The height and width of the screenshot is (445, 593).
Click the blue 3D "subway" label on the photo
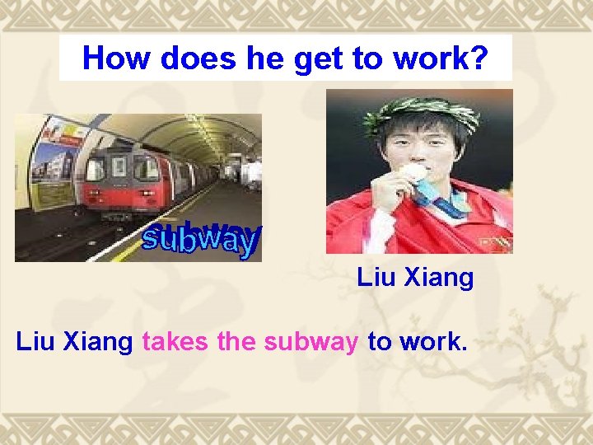(201, 239)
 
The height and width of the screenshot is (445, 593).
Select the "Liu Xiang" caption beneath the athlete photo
(415, 278)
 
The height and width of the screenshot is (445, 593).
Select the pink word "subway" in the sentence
(311, 341)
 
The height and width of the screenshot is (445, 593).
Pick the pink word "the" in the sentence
(238, 341)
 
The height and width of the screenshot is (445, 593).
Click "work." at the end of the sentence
(433, 341)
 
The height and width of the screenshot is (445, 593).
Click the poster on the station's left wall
(54, 161)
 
